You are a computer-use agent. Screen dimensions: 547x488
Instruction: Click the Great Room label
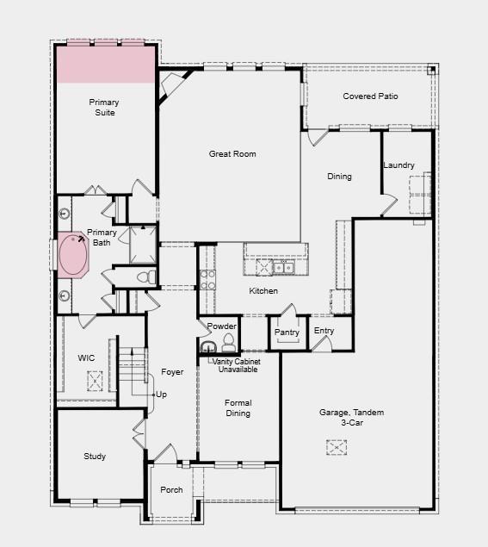point(232,154)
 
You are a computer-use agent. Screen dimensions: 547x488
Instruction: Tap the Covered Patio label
point(370,96)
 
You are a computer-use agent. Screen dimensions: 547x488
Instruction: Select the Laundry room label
point(398,165)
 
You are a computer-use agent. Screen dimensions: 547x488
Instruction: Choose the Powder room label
point(221,326)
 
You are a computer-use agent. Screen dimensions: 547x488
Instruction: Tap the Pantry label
point(287,333)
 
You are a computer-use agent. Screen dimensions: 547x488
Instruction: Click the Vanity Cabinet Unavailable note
point(237,365)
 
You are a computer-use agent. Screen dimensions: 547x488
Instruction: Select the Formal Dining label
point(238,408)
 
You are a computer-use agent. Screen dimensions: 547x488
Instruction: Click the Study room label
point(95,457)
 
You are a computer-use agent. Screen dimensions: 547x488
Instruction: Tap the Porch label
point(171,490)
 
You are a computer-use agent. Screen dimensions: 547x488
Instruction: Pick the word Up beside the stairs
point(161,395)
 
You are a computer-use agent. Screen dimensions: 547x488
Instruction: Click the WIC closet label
point(86,357)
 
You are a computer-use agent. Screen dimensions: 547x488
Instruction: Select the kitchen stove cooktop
point(207,279)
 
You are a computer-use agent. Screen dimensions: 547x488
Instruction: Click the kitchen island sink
point(283,268)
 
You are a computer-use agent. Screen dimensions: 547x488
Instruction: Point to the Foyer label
point(172,372)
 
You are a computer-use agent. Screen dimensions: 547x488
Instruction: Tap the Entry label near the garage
point(324,331)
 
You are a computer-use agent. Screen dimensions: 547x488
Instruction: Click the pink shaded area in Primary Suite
point(105,65)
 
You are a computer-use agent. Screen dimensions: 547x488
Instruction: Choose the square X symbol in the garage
point(337,447)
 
